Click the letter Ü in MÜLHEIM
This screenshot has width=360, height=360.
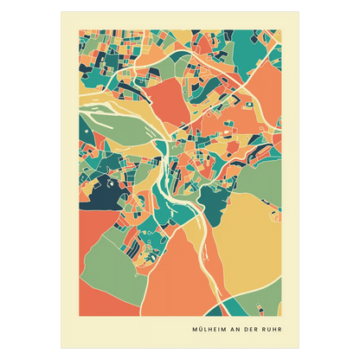(203, 330)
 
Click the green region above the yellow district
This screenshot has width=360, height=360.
(247, 173)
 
